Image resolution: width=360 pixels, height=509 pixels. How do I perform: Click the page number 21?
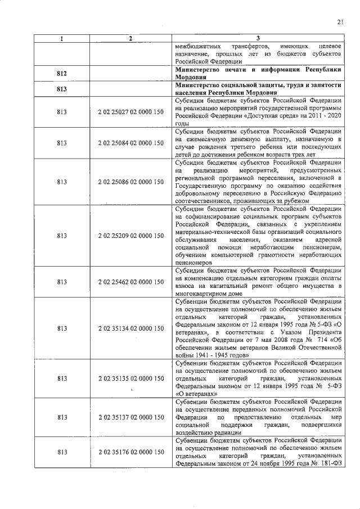pyautogui.click(x=340, y=22)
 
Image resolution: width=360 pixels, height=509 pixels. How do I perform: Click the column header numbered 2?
pyautogui.click(x=130, y=38)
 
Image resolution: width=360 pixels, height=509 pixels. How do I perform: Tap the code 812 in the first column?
pyautogui.click(x=62, y=73)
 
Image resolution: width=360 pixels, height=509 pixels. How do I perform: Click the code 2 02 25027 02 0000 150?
pyautogui.click(x=130, y=112)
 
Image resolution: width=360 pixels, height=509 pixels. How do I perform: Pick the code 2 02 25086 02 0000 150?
pyautogui.click(x=130, y=182)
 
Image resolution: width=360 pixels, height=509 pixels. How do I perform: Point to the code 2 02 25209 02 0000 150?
pyautogui.click(x=130, y=236)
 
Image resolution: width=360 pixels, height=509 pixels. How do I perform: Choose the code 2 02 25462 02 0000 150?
pyautogui.click(x=130, y=282)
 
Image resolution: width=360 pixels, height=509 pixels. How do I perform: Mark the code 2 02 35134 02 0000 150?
pyautogui.click(x=130, y=328)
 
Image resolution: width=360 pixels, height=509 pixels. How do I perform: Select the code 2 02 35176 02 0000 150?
pyautogui.click(x=130, y=452)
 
